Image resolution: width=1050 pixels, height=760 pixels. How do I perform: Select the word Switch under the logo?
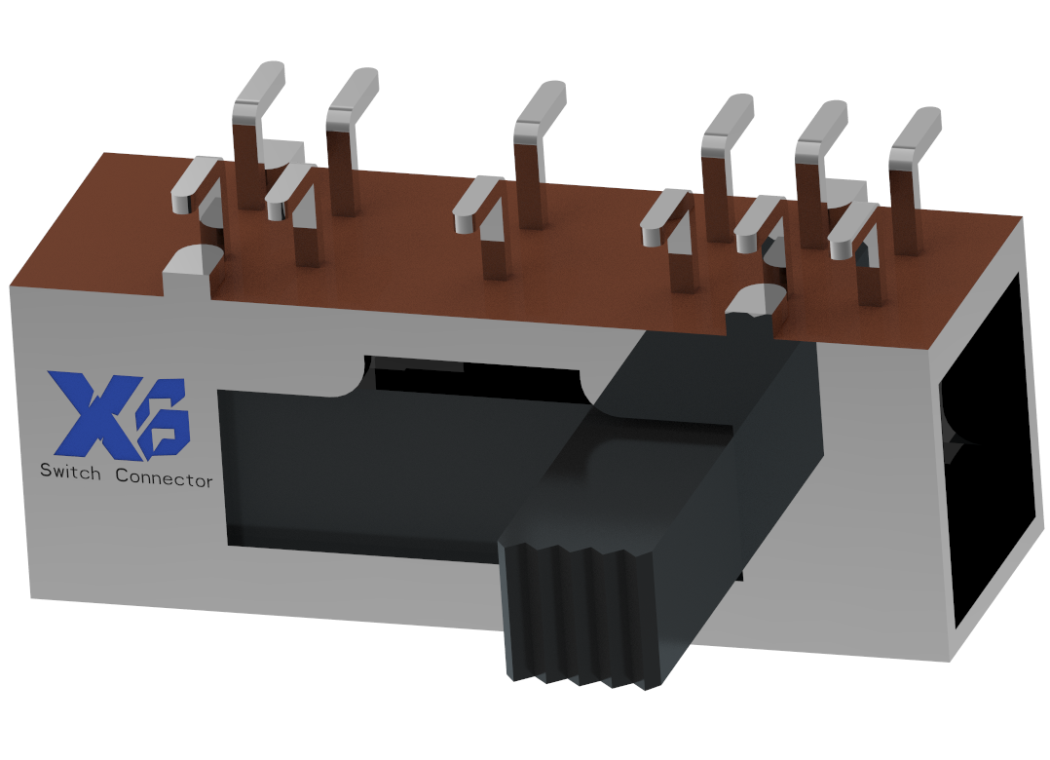click(x=69, y=473)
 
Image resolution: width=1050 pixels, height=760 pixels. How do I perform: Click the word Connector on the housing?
click(x=164, y=477)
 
